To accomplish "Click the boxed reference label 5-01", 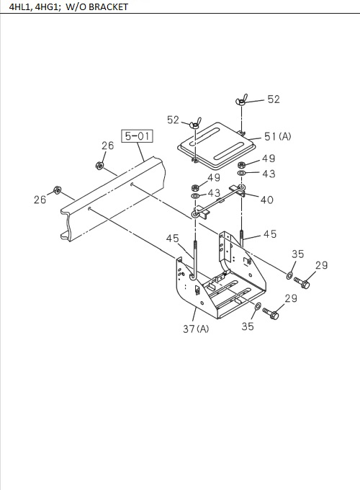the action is [x=137, y=136].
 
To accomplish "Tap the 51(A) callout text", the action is [x=278, y=137].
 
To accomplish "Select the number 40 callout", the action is [x=267, y=200].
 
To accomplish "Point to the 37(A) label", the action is [x=196, y=329].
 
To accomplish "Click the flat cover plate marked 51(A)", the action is [x=217, y=145].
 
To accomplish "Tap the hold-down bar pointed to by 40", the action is [x=219, y=202].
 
